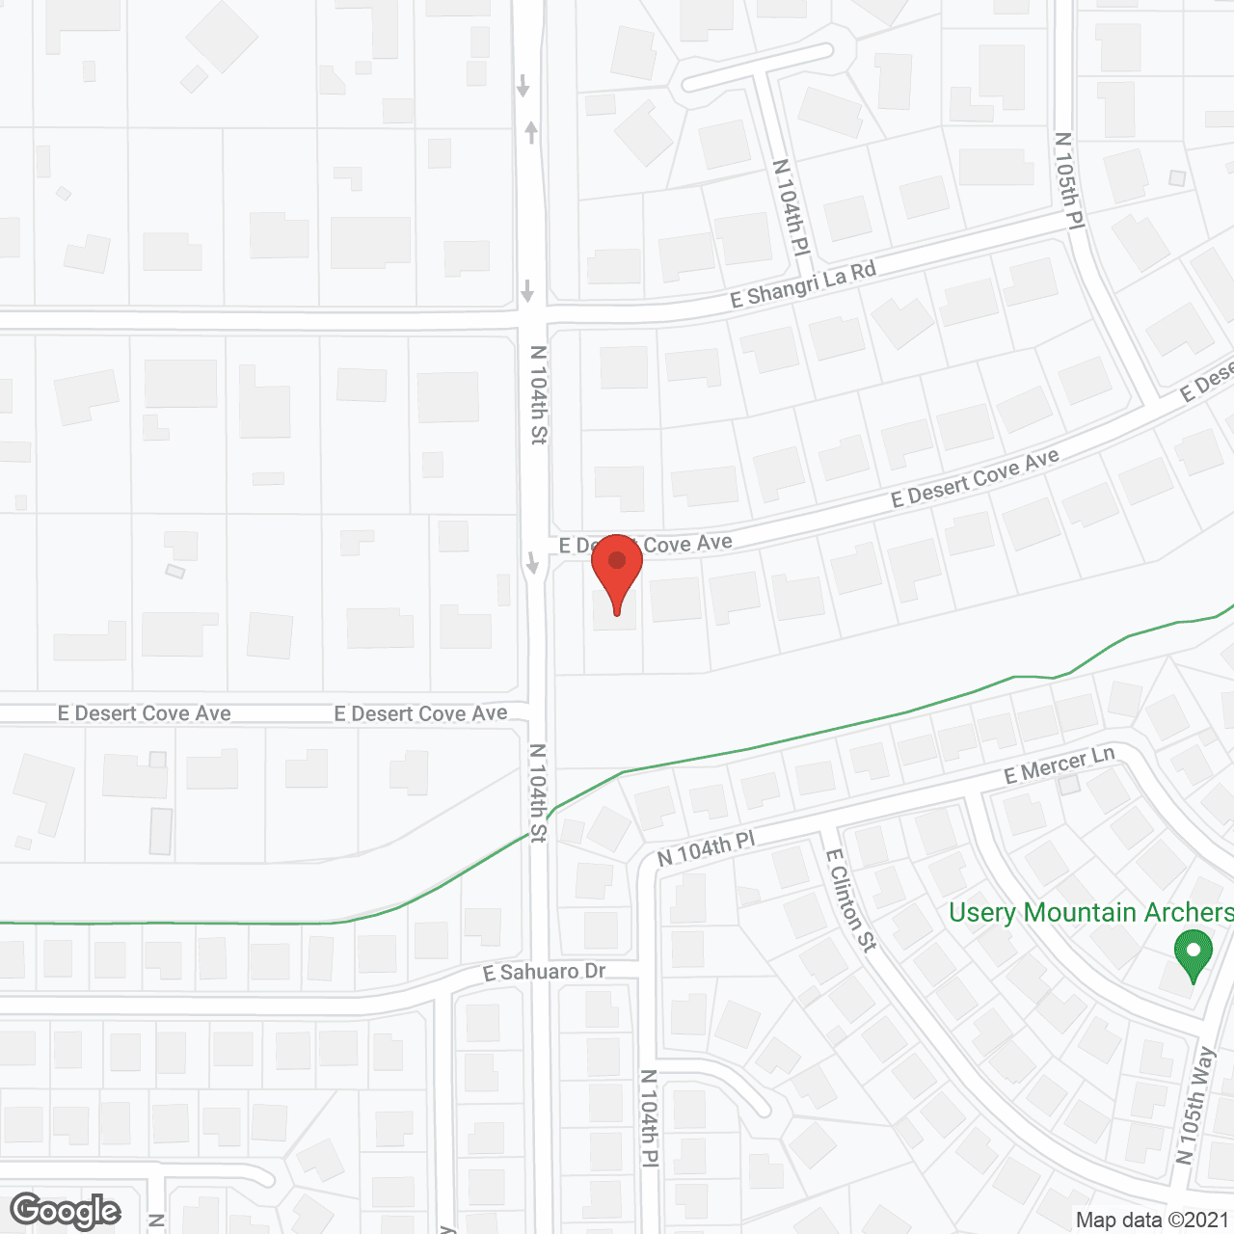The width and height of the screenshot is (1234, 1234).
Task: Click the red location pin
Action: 617,569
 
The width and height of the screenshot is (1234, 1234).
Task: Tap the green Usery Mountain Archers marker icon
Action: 1194,953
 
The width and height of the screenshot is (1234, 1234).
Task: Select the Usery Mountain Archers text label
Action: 1090,912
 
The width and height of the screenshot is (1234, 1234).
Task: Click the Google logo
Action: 66,1211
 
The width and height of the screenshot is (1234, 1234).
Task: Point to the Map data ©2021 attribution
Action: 1152,1220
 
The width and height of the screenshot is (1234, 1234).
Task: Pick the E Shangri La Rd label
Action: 803,284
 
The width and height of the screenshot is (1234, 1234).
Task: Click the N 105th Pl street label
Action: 1069,180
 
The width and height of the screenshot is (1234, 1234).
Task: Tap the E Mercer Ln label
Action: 1059,765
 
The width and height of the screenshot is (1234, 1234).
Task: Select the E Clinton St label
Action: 851,900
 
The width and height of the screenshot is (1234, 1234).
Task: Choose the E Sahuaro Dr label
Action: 544,972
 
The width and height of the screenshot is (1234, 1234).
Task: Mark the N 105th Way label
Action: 1196,1105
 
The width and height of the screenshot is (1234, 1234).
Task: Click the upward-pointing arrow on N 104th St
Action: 531,132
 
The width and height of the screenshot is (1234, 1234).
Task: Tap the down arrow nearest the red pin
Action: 531,562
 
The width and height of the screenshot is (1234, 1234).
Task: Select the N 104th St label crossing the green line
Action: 538,792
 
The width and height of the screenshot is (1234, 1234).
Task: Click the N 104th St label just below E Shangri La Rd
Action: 538,394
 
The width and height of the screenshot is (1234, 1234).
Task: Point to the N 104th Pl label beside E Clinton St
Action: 706,849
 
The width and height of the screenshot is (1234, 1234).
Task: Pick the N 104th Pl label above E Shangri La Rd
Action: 791,207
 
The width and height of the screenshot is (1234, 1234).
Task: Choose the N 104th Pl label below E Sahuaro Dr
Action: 650,1118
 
